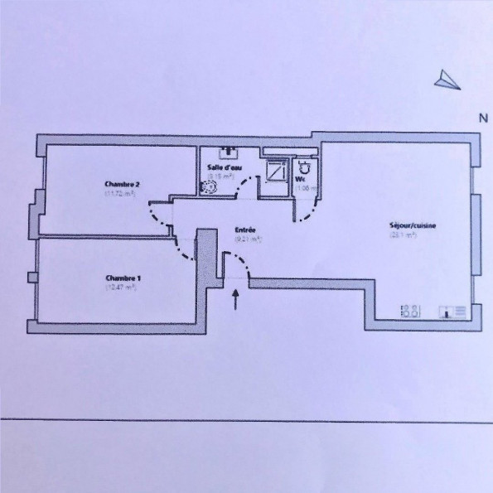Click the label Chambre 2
pos(121,183)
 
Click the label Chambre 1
pos(122,278)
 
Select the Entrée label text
pos(245,230)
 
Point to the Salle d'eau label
pos(220,167)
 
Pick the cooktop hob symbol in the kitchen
pos(409,311)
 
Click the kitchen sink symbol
pos(454,312)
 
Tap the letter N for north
pos(481,118)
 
